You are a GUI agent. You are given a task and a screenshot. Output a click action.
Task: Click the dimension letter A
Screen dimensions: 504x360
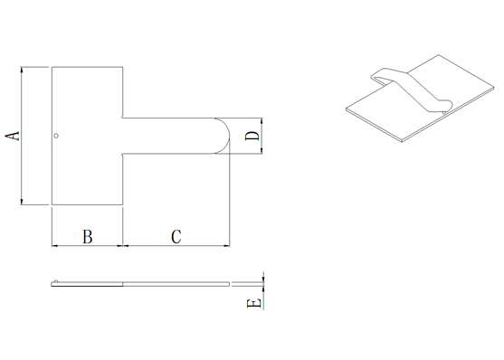click(x=13, y=136)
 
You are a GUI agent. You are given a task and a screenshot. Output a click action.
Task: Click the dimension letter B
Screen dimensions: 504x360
click(x=88, y=237)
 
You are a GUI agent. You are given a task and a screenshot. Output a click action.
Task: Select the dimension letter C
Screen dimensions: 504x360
click(x=176, y=237)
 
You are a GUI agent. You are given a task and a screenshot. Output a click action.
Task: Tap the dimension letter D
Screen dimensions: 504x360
click(x=252, y=136)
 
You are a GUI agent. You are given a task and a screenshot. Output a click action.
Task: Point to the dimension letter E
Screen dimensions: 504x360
click(x=253, y=303)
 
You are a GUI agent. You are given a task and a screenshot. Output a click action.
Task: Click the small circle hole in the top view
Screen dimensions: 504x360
click(x=56, y=136)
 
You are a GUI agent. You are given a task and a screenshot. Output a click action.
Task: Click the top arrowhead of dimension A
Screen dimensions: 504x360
click(x=22, y=70)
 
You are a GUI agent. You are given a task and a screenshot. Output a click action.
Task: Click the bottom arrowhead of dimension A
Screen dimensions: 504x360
click(x=22, y=201)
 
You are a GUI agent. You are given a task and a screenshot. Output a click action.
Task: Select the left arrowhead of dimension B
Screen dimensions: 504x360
click(x=55, y=246)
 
